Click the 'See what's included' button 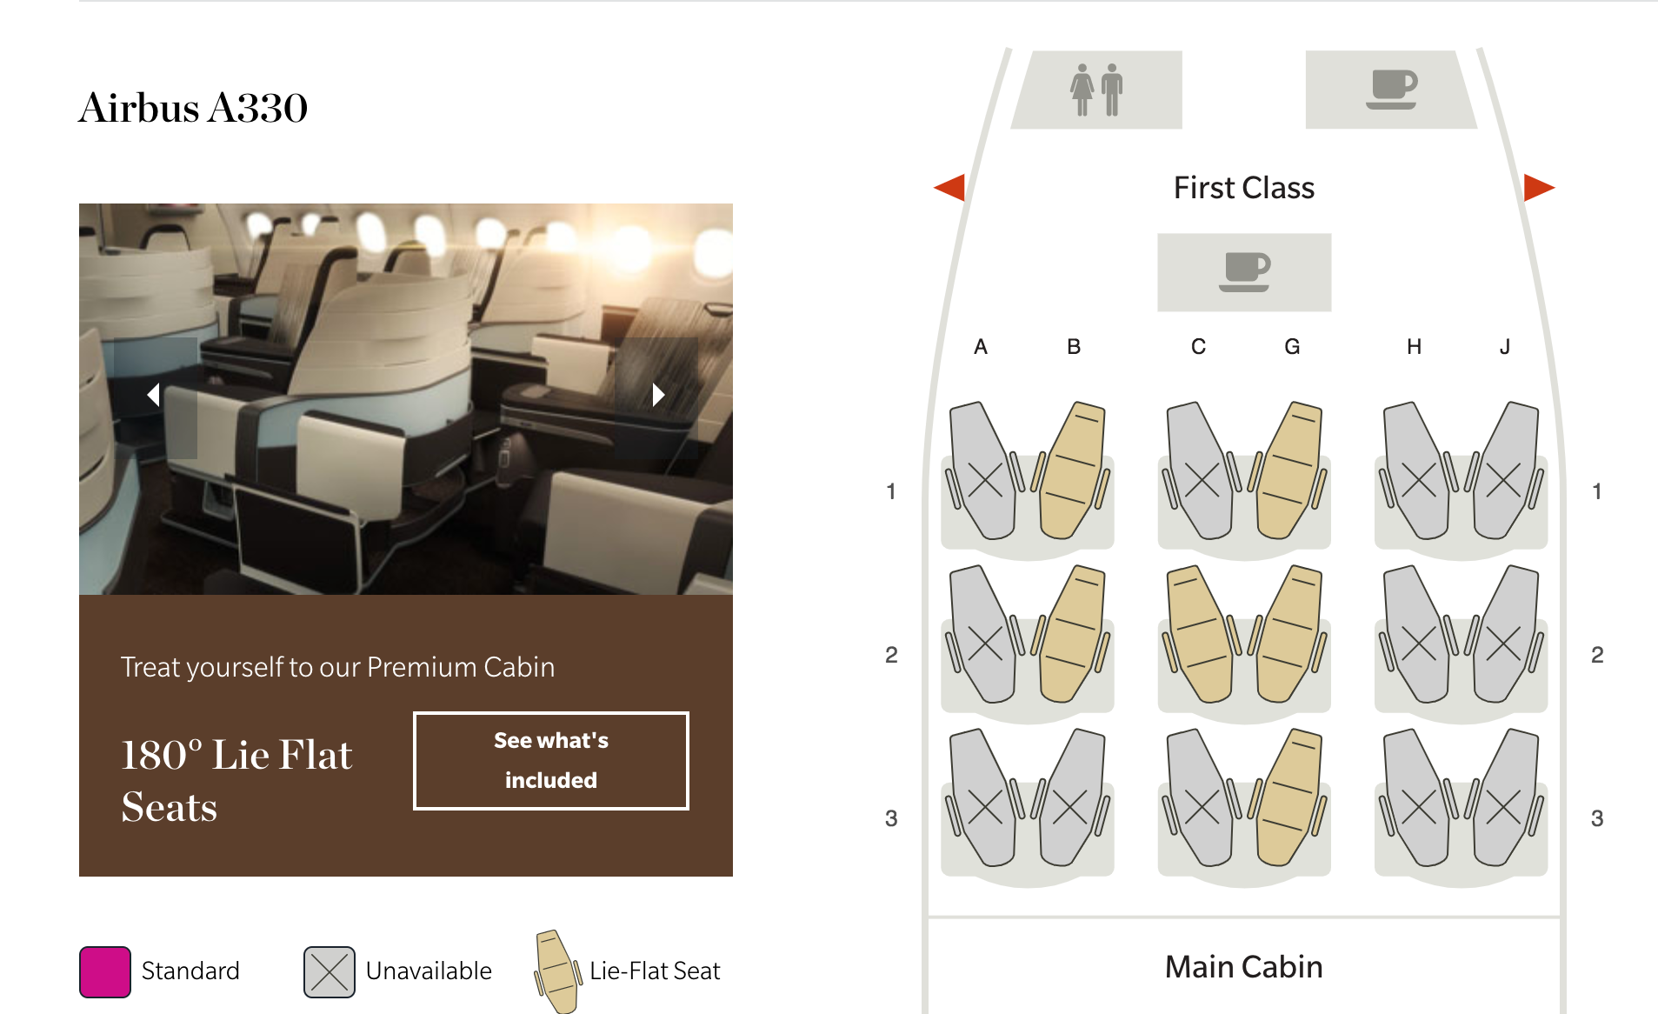(551, 761)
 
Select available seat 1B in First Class (1070, 470)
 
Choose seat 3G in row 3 (1288, 797)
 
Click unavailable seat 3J (1504, 797)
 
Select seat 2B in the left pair (1070, 634)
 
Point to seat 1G (1288, 470)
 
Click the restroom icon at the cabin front (1096, 90)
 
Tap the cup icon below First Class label (1245, 272)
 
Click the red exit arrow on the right (1539, 186)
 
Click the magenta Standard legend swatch (105, 971)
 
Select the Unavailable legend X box (330, 971)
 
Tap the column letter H (1415, 347)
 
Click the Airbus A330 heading (193, 108)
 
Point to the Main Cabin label (1244, 967)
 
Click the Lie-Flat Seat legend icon (557, 971)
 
